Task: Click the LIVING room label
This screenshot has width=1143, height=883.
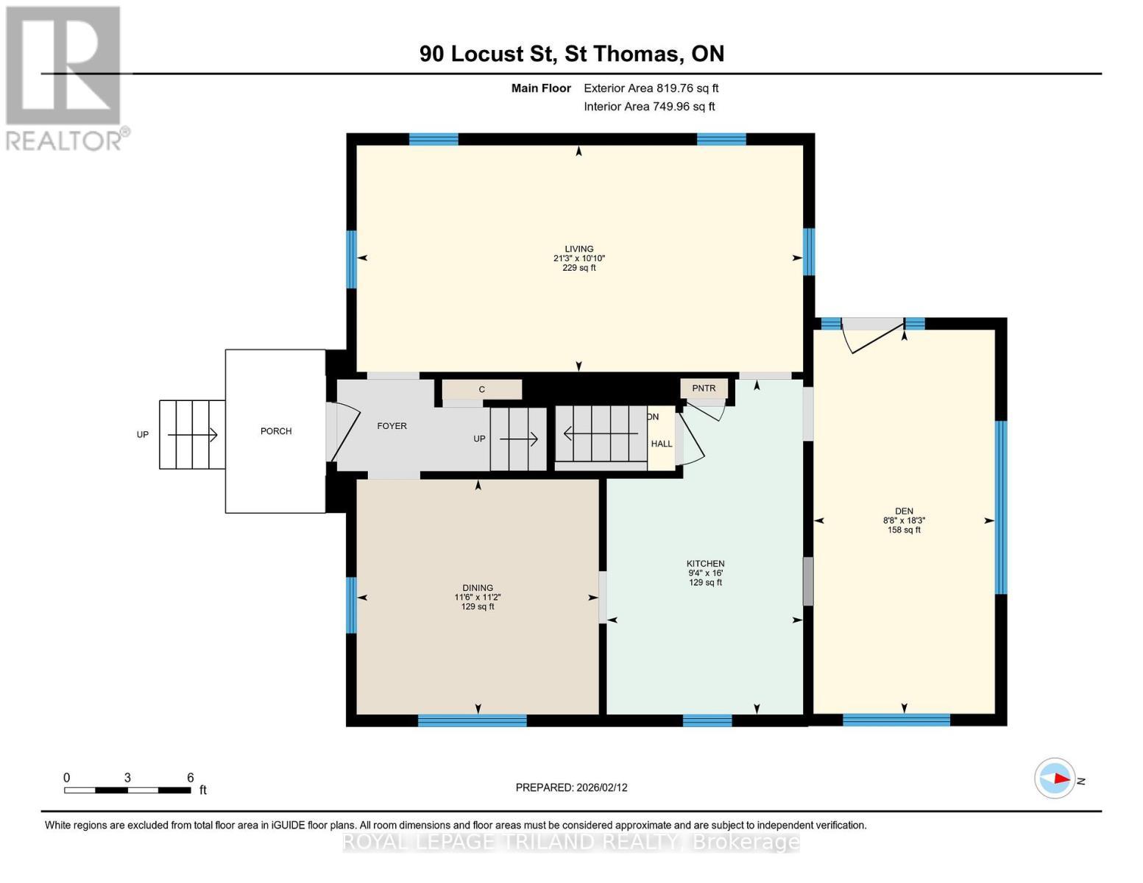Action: click(x=578, y=249)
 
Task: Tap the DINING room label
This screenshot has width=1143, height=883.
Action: click(x=478, y=588)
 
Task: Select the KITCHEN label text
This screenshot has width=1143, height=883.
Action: click(x=705, y=564)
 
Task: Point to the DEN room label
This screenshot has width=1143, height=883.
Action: click(x=904, y=511)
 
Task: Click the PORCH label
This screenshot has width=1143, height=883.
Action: click(x=276, y=431)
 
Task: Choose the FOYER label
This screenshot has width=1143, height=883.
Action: click(x=392, y=426)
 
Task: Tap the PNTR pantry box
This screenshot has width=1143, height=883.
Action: click(x=704, y=389)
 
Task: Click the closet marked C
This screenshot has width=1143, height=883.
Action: click(x=482, y=389)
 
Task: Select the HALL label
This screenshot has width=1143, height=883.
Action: click(x=661, y=444)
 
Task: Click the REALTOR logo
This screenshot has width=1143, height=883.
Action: click(x=64, y=77)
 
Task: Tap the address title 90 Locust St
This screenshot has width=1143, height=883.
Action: click(x=571, y=54)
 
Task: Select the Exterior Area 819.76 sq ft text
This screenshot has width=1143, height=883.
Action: click(x=651, y=88)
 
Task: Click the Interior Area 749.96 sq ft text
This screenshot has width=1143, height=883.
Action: click(x=649, y=107)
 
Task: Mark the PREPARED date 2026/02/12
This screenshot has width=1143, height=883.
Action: click(x=571, y=787)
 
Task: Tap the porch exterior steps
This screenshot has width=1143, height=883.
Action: click(x=192, y=434)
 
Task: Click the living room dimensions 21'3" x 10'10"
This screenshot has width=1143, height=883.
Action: click(x=578, y=258)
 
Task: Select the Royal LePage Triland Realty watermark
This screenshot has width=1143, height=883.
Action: click(x=571, y=842)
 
